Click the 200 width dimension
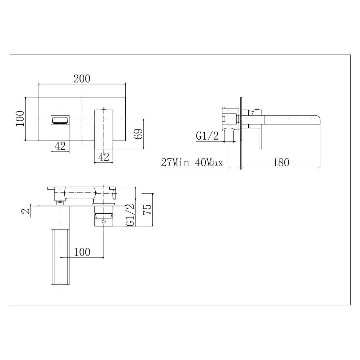(x=82, y=79)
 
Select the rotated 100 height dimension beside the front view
(x=20, y=118)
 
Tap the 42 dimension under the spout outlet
(x=60, y=146)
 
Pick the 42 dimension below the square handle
(x=104, y=157)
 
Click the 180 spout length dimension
(x=281, y=162)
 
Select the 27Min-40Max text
(x=192, y=163)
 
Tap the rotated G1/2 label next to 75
(x=130, y=215)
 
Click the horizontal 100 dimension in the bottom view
(x=82, y=252)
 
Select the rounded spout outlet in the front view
(x=60, y=119)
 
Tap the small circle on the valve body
(x=104, y=221)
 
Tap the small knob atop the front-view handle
(x=104, y=109)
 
